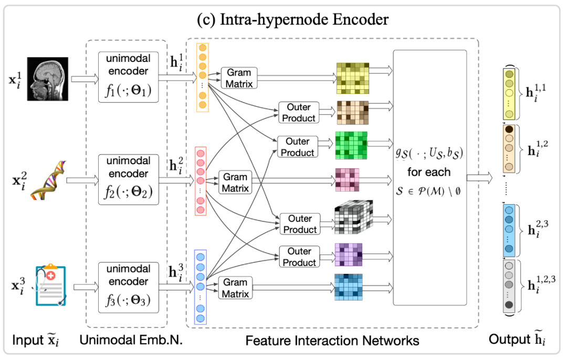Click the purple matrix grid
click(x=348, y=254)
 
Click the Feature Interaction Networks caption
click(x=332, y=341)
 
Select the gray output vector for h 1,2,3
click(x=508, y=287)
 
